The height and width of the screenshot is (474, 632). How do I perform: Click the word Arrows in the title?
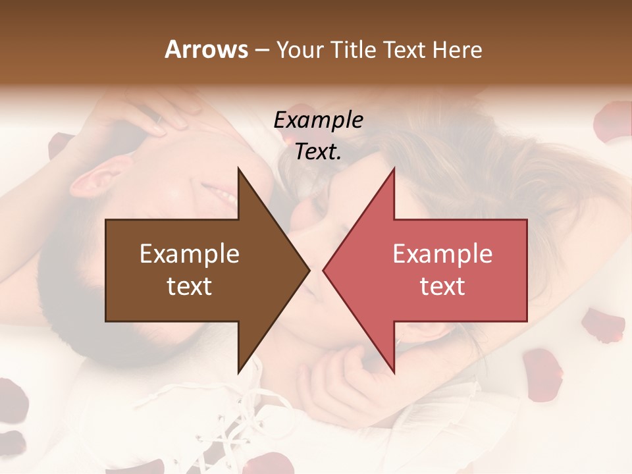point(206,49)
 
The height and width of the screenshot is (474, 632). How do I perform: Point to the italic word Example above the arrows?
point(318,120)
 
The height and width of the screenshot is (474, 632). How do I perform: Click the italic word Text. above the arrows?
point(318,152)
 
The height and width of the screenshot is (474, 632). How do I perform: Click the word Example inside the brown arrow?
point(190,254)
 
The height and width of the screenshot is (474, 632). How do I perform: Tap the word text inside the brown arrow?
point(190,286)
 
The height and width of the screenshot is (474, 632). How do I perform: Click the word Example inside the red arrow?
point(442,254)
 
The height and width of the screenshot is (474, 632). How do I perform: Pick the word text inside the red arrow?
point(442,286)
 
